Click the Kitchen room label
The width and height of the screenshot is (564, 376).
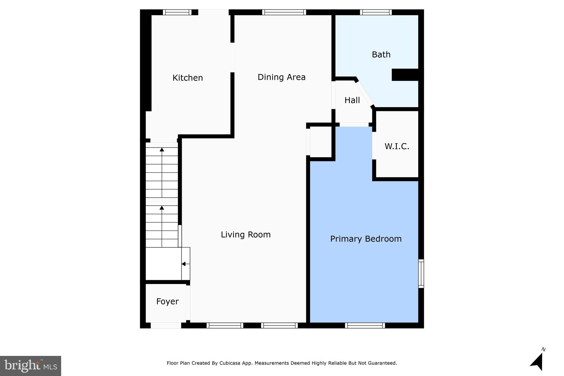click(x=188, y=78)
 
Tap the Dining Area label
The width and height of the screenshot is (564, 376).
click(x=281, y=77)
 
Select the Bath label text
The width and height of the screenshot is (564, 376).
click(x=381, y=55)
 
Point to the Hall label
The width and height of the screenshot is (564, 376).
click(x=352, y=100)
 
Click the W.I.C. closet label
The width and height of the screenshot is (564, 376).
click(x=397, y=146)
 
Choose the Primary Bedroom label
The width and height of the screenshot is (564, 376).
click(x=366, y=239)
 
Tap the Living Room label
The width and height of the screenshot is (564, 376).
click(x=246, y=235)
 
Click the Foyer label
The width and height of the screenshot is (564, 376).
click(x=167, y=302)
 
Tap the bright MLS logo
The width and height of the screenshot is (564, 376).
click(x=31, y=366)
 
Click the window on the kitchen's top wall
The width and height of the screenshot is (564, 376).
click(x=177, y=12)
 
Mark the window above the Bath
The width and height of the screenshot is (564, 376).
click(x=376, y=12)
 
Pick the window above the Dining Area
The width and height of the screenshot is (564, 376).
click(x=284, y=12)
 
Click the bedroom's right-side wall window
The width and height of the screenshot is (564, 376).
click(x=421, y=274)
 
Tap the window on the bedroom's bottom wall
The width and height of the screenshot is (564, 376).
click(x=365, y=325)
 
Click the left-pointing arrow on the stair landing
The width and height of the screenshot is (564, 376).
click(x=186, y=264)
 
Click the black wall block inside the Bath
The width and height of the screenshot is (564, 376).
click(x=405, y=75)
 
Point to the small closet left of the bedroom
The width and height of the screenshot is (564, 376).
click(x=321, y=142)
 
